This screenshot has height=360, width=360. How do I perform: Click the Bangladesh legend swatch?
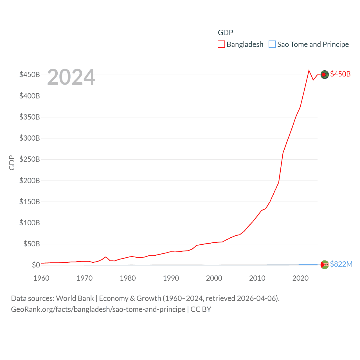click(221, 44)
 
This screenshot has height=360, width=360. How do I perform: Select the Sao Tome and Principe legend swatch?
click(272, 44)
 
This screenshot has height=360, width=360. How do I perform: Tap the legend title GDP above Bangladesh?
click(225, 33)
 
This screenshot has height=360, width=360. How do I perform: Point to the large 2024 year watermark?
click(71, 77)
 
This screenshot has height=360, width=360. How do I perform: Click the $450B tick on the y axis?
click(30, 75)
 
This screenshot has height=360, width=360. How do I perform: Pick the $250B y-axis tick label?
click(30, 159)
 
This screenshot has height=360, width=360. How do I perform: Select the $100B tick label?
click(30, 223)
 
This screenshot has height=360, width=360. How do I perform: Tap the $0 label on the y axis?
click(36, 265)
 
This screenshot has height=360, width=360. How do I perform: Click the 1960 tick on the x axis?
click(41, 278)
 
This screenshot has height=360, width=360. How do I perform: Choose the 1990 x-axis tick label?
click(171, 278)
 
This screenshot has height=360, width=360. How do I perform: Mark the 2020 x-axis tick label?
click(300, 278)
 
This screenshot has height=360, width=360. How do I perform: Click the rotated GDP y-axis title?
click(12, 163)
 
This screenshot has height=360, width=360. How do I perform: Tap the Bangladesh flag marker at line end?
click(325, 75)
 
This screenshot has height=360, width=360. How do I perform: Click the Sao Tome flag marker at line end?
click(325, 265)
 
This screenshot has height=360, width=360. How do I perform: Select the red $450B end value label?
click(340, 74)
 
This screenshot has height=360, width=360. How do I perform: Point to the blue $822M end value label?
click(341, 264)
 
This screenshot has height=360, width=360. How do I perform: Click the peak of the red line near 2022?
click(309, 70)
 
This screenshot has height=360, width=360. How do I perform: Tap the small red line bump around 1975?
click(106, 257)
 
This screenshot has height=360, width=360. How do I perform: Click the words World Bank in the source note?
click(75, 298)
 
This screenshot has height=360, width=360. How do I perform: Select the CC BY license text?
click(201, 309)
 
